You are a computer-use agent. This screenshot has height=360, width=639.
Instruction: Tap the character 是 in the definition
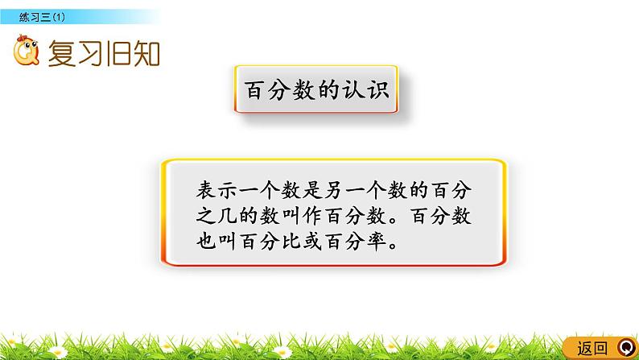[332, 192]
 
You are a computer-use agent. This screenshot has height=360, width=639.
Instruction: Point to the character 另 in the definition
[355, 192]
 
